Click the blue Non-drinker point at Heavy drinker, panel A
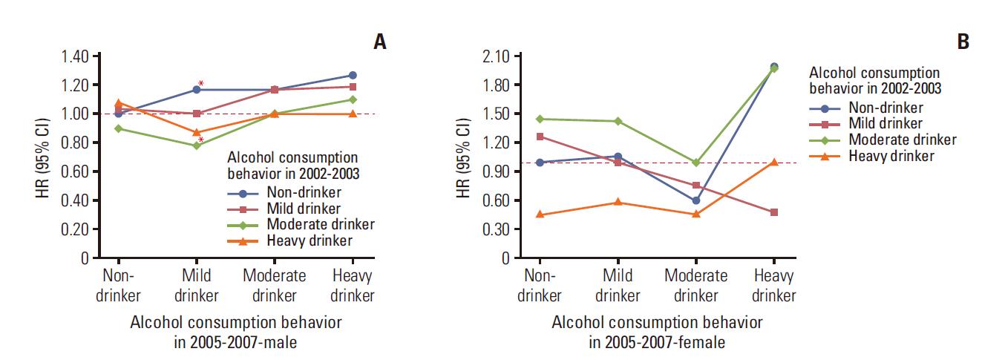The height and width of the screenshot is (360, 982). pyautogui.click(x=353, y=75)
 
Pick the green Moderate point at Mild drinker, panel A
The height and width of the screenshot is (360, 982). pyautogui.click(x=197, y=145)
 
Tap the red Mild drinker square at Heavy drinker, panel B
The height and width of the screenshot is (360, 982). pyautogui.click(x=774, y=212)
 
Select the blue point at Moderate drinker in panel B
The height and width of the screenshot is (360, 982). pyautogui.click(x=696, y=200)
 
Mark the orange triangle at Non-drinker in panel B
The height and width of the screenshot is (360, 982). pyautogui.click(x=540, y=215)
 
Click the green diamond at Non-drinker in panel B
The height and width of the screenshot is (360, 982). pyautogui.click(x=540, y=119)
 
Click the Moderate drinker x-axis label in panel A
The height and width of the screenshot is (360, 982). pyautogui.click(x=275, y=285)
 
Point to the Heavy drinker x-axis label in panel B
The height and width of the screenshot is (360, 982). pyautogui.click(x=773, y=286)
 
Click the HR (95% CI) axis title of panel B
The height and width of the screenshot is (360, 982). pyautogui.click(x=464, y=157)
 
